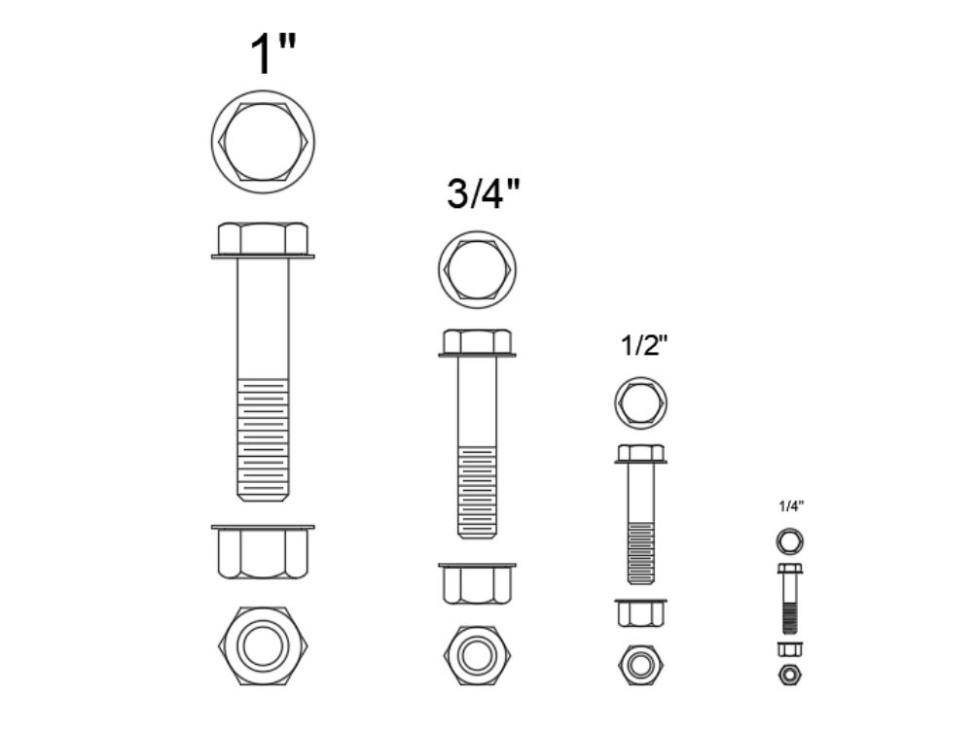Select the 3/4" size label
pos(484,194)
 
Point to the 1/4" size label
pos(791,505)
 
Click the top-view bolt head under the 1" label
pos(263,141)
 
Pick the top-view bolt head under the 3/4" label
pos(477,269)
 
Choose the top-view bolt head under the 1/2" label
pos(641,401)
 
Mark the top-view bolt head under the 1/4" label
pos(790,540)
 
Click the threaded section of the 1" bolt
pos(263,437)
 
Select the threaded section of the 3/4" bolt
pos(477,491)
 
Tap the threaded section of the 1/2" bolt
pos(640,552)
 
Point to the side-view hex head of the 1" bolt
pos(263,238)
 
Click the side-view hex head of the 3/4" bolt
pos(477,342)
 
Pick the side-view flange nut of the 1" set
pos(263,552)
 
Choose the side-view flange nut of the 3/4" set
pos(477,583)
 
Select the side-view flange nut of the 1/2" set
pos(640,612)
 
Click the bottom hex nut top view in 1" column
pos(263,646)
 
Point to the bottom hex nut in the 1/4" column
pos(790,675)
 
